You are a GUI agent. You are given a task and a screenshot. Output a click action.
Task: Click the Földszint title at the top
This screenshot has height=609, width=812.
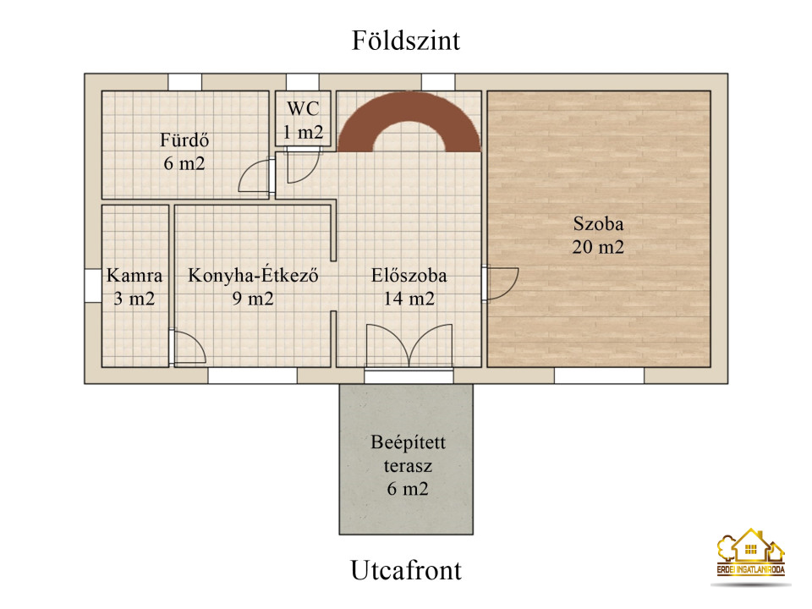click(405, 41)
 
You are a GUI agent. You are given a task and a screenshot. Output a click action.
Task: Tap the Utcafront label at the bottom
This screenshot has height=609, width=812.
click(405, 570)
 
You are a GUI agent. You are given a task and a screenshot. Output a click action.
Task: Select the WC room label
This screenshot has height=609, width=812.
click(303, 120)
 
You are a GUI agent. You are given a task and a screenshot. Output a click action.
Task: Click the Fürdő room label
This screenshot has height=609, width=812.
click(184, 151)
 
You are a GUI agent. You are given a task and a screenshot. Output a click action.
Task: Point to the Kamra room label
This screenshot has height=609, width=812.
click(134, 287)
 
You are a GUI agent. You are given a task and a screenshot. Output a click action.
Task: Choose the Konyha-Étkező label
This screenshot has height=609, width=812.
click(253, 287)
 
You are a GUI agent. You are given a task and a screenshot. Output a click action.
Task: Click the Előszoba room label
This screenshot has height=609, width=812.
click(409, 287)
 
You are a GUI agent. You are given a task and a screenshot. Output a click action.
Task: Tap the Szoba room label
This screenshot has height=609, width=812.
click(598, 235)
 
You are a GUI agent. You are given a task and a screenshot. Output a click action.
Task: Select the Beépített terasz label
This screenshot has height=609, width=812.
click(408, 465)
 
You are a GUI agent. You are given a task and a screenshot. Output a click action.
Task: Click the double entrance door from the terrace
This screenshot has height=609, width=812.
click(409, 346)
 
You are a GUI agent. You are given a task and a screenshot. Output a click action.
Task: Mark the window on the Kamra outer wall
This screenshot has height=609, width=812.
click(93, 285)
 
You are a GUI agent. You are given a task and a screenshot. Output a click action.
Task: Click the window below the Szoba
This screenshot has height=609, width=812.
click(599, 376)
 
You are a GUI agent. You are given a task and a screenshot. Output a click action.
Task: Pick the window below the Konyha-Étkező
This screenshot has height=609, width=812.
click(253, 376)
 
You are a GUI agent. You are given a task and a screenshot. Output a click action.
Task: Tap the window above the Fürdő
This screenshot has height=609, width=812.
click(185, 82)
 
